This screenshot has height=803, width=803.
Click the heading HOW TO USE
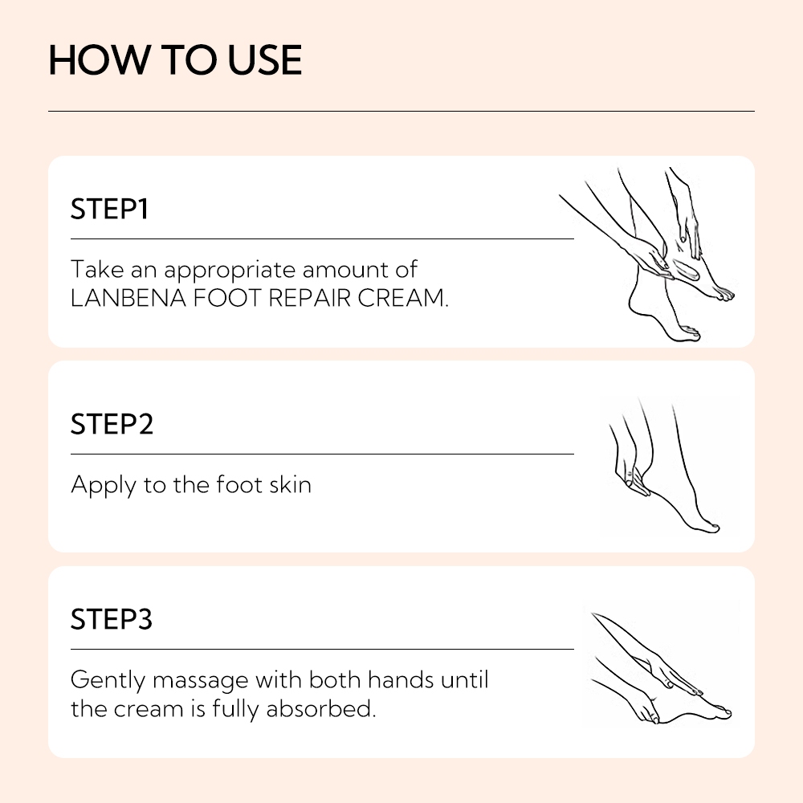click(x=175, y=60)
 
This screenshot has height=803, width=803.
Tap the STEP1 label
click(x=109, y=209)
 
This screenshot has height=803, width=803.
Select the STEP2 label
click(x=112, y=424)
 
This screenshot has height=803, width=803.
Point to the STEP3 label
click(x=112, y=618)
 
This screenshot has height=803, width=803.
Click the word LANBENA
click(x=128, y=298)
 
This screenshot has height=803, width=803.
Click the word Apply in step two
click(x=104, y=486)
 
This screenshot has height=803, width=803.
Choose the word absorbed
click(x=321, y=709)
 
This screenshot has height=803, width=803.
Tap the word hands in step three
click(x=401, y=679)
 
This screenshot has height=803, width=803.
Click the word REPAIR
click(x=310, y=298)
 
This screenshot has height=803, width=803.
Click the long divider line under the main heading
click(x=401, y=111)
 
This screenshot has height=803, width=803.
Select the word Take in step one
click(x=97, y=269)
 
